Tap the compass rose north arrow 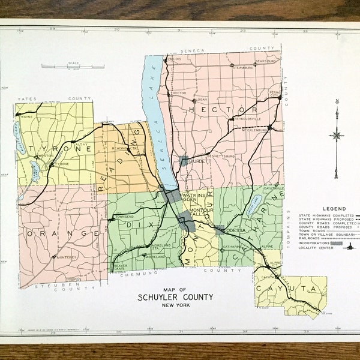337,136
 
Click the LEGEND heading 333,208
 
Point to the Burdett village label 197,161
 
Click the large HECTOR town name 223,110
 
